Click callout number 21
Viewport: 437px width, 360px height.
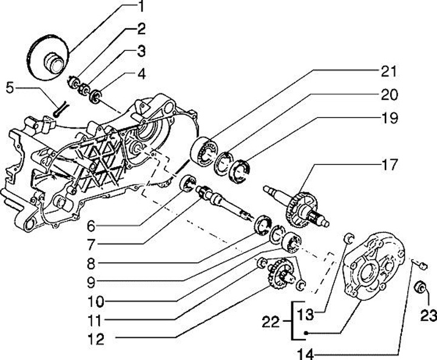[x=388, y=72]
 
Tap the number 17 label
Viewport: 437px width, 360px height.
[x=388, y=165]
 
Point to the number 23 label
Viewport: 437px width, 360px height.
[x=429, y=316]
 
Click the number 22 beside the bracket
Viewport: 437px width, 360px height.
[x=270, y=322]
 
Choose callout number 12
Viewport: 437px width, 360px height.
[x=96, y=339]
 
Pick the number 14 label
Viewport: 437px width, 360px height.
[x=306, y=354]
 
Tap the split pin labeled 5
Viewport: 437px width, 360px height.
[x=59, y=109]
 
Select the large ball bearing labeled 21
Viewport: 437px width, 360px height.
[x=205, y=152]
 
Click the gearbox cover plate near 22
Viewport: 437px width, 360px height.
[x=373, y=267]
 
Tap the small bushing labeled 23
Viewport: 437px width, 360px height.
[x=420, y=287]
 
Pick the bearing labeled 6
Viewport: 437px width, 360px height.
[x=188, y=183]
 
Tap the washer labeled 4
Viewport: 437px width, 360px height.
[x=95, y=96]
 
